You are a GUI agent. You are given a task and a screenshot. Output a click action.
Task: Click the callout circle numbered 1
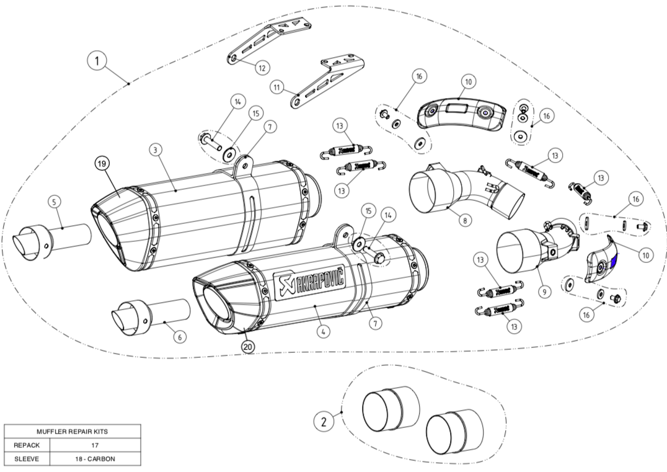97,61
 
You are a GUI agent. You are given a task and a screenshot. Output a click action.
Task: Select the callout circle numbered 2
324,422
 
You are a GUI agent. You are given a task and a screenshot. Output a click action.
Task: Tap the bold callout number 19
102,164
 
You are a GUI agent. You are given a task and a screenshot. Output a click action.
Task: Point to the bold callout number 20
248,347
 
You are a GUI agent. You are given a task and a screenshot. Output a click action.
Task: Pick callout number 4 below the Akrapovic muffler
323,331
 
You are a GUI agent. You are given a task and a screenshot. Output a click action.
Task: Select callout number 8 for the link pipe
464,219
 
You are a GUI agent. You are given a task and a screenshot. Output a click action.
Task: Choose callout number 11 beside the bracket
276,87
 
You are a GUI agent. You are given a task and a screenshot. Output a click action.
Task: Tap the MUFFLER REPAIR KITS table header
73,431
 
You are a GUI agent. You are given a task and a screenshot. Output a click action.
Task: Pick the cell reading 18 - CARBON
95,459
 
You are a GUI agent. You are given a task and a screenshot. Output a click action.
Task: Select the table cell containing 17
95,445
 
